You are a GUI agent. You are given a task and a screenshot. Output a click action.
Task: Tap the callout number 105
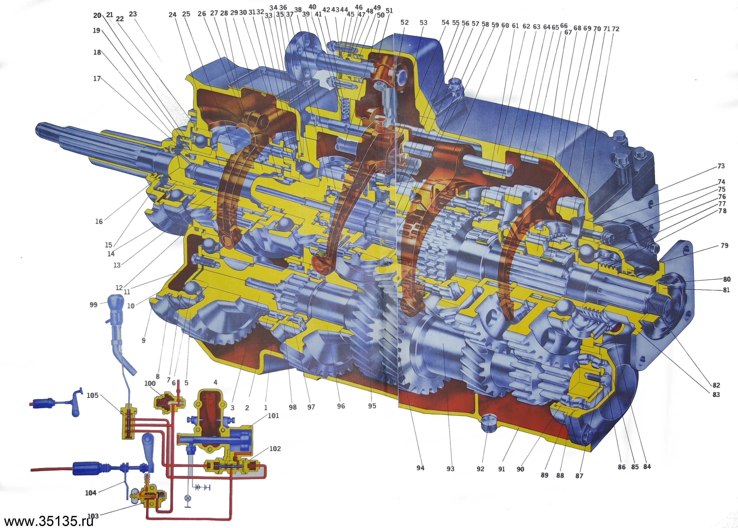93,396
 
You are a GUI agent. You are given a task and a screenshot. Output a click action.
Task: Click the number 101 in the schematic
273,415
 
